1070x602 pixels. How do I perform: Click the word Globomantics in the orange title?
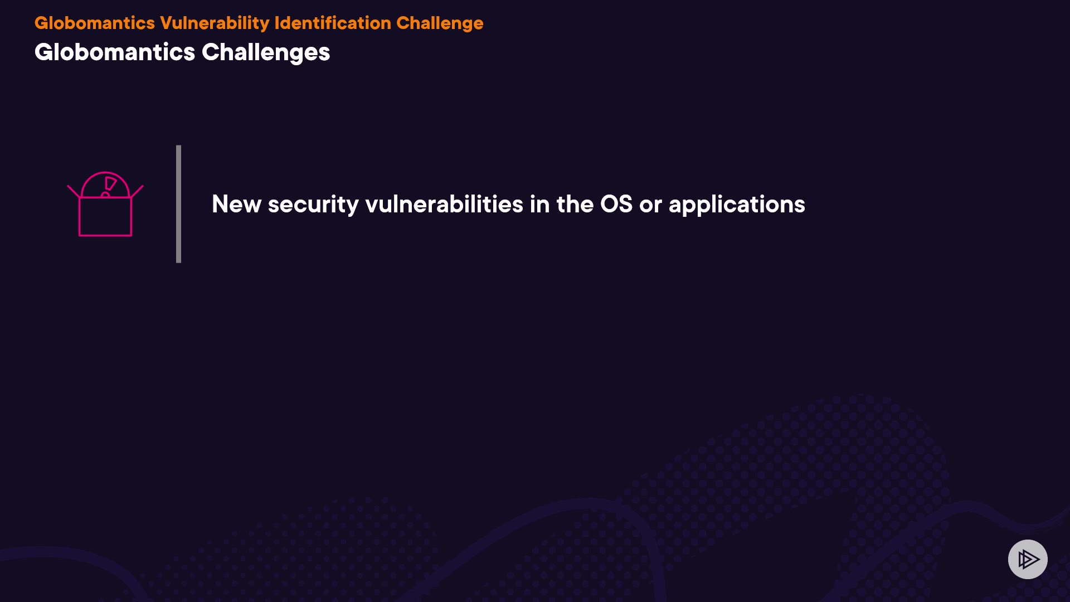[x=95, y=23]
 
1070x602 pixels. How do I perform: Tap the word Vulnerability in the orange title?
[x=215, y=23]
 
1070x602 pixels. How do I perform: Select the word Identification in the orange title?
[x=333, y=23]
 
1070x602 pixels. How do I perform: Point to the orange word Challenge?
[x=440, y=23]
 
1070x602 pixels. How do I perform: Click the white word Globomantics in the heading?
[x=115, y=52]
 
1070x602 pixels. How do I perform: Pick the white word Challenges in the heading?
[x=266, y=53]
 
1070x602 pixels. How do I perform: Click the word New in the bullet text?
[x=236, y=204]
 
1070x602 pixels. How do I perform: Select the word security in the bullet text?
[x=313, y=205]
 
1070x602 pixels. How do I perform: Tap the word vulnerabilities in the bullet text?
[x=444, y=204]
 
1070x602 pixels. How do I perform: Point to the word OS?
[x=616, y=204]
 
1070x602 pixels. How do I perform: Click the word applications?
[x=737, y=205]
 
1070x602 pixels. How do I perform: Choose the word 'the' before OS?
[x=575, y=204]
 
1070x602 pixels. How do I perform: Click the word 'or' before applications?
[x=650, y=206]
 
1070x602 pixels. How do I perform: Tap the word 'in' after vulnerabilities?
[x=540, y=204]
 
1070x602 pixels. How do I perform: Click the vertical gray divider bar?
[x=178, y=204]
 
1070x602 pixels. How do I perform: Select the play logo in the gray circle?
[x=1028, y=559]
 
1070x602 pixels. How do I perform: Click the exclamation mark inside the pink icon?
[x=109, y=187]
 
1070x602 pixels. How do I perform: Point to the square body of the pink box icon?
[x=105, y=216]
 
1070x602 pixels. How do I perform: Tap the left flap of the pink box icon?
[x=74, y=191]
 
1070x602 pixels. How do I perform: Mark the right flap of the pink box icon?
[x=137, y=191]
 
